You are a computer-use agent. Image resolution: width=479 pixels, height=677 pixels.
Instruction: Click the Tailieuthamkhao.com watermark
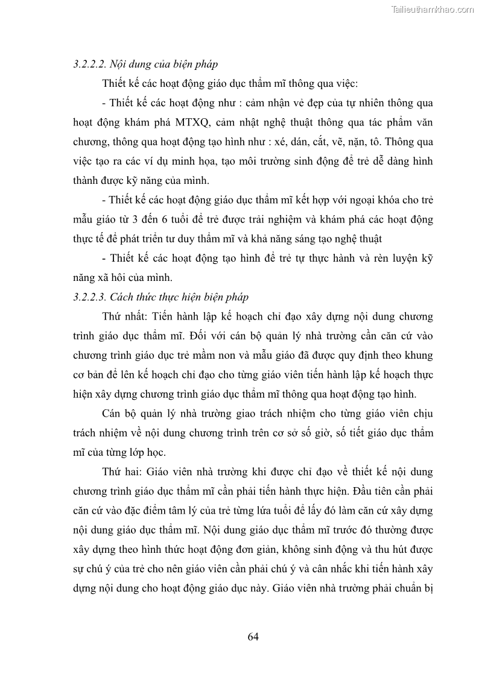point(433,10)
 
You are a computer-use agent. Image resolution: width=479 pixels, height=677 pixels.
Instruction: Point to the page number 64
point(253,637)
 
